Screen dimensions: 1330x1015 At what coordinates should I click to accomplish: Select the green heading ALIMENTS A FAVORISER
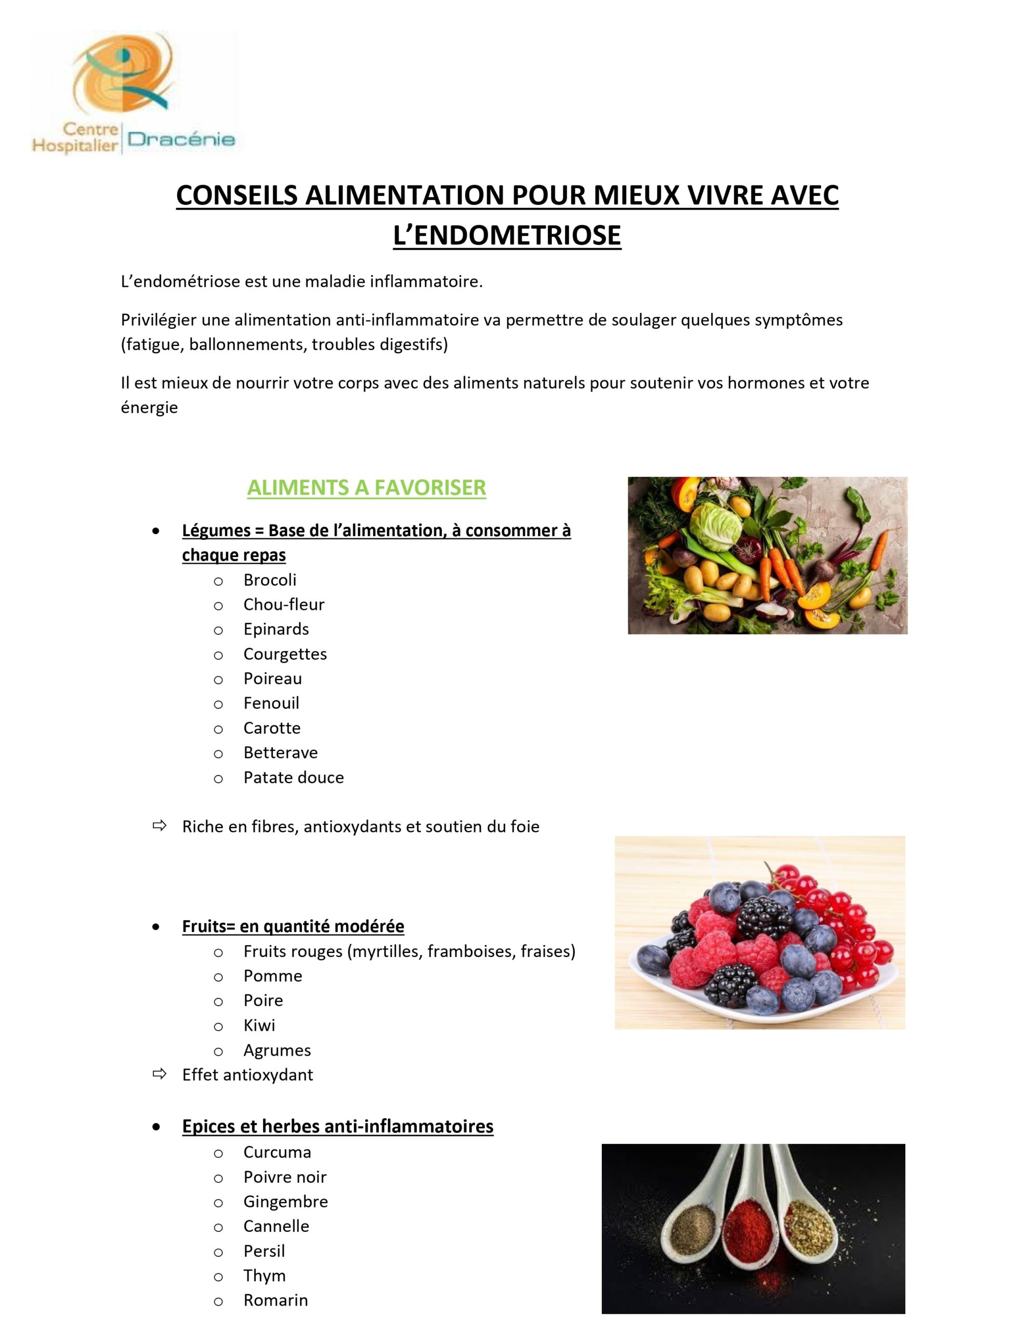click(366, 487)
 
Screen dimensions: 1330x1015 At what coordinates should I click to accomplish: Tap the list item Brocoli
click(269, 580)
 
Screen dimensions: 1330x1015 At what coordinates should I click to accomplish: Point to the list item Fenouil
click(271, 703)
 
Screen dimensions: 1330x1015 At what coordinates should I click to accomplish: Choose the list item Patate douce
click(293, 777)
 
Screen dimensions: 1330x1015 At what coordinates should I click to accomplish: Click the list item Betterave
click(280, 753)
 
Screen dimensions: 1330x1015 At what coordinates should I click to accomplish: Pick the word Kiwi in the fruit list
click(259, 1025)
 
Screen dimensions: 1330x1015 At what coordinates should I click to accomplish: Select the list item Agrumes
click(276, 1050)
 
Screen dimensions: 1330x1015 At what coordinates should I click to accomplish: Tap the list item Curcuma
click(276, 1152)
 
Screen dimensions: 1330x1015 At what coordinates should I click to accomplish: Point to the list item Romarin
click(275, 1300)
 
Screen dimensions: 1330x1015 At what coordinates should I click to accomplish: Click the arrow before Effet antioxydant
click(160, 1074)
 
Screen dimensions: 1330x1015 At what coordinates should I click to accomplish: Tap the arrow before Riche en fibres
click(160, 826)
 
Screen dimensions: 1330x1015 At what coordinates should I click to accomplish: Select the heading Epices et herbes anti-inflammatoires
click(337, 1126)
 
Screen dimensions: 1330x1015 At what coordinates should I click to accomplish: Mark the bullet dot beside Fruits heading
click(156, 926)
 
